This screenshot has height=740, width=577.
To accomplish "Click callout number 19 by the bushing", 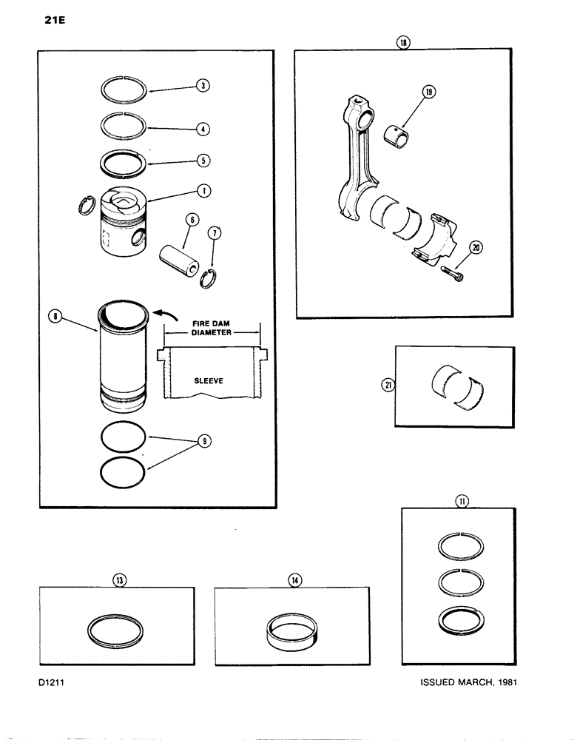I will click(428, 92).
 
